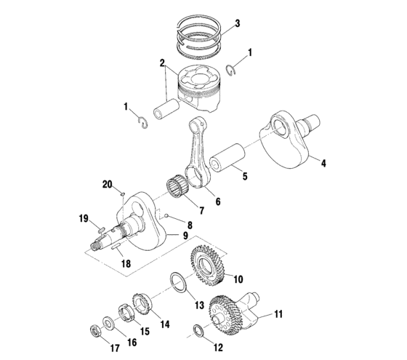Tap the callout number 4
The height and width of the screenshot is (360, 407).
click(x=323, y=164)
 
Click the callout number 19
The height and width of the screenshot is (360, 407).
click(x=84, y=218)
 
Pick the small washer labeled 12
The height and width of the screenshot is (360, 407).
click(x=198, y=332)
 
